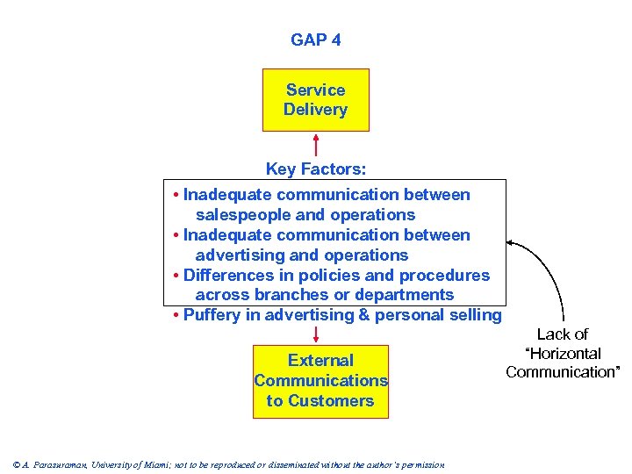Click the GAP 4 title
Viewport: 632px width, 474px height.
(x=315, y=40)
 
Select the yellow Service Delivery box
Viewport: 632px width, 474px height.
(x=315, y=100)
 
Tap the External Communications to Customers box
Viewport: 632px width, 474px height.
(x=320, y=381)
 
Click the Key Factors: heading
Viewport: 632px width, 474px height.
(x=315, y=169)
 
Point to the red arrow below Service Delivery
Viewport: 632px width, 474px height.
(x=316, y=145)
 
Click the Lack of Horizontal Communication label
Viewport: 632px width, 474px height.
(x=563, y=353)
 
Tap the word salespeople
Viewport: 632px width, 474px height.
(x=238, y=215)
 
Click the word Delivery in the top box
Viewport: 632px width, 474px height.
(x=315, y=111)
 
